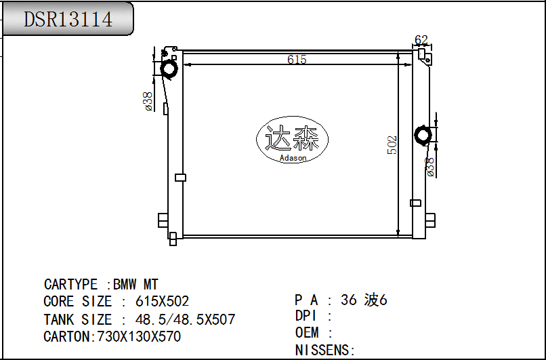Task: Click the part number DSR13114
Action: tap(68, 19)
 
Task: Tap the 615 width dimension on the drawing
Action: tap(297, 60)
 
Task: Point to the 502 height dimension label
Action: tap(392, 145)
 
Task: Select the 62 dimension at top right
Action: tap(421, 40)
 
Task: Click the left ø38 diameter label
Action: tap(148, 102)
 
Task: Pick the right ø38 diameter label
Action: tap(430, 167)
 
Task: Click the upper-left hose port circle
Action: tap(169, 68)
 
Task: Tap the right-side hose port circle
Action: tap(423, 135)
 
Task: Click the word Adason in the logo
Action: tap(293, 158)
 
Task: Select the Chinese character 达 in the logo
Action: tap(278, 138)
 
